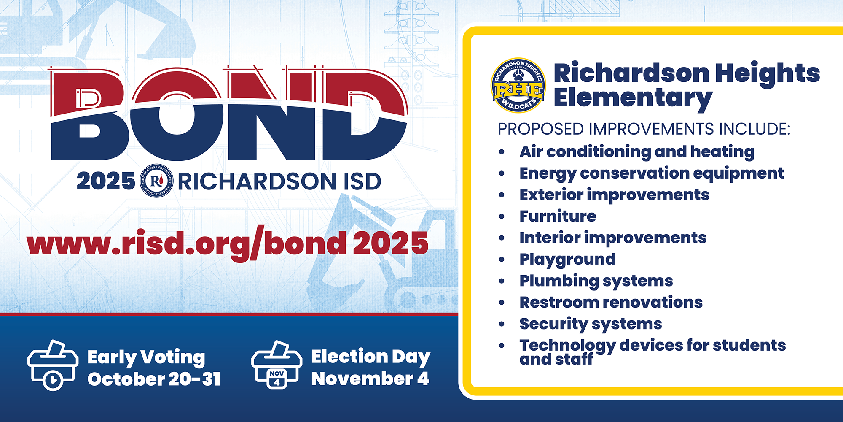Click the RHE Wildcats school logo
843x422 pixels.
tap(518, 85)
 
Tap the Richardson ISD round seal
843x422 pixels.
tap(156, 181)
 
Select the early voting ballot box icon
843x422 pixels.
tap(53, 365)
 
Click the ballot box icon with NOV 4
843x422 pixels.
tap(277, 365)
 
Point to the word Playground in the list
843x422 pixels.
tap(567, 260)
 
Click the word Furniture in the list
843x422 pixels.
tap(558, 216)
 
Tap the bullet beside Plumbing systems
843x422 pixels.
tap(502, 281)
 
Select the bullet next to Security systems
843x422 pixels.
tap(502, 324)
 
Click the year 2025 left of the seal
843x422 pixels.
tap(106, 181)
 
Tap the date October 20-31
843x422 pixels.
tap(154, 379)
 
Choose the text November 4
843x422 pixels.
tap(370, 379)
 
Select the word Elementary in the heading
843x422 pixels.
tap(633, 98)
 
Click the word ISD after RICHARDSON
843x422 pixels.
tap(362, 181)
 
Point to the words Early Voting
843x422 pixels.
tap(146, 358)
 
